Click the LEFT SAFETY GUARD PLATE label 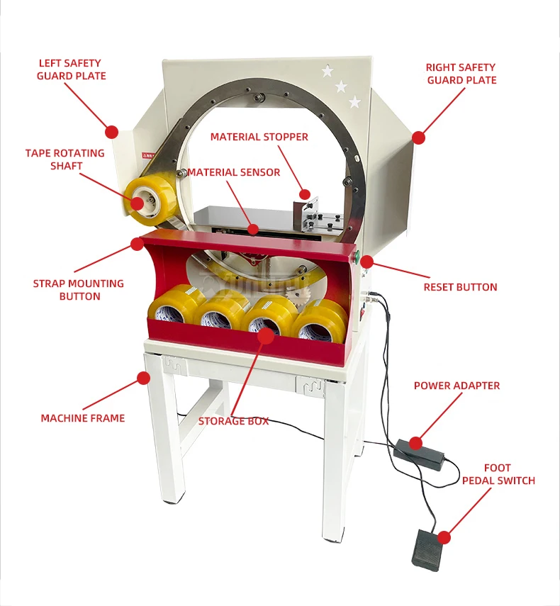tap(71, 69)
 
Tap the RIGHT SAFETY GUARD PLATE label tap(461, 74)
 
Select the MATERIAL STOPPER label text tap(259, 137)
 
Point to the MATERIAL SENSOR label tap(234, 172)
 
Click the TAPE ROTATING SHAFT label tap(65, 159)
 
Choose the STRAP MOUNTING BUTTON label tap(78, 289)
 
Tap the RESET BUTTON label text tap(460, 287)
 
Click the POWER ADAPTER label tap(457, 386)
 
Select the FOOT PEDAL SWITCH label tap(498, 474)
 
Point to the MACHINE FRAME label tap(82, 418)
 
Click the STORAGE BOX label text tap(233, 421)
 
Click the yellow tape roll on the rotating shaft tap(149, 196)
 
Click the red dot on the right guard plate tap(419, 138)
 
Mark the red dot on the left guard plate tap(111, 131)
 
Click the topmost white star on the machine tap(327, 71)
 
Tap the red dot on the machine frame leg tap(145, 377)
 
